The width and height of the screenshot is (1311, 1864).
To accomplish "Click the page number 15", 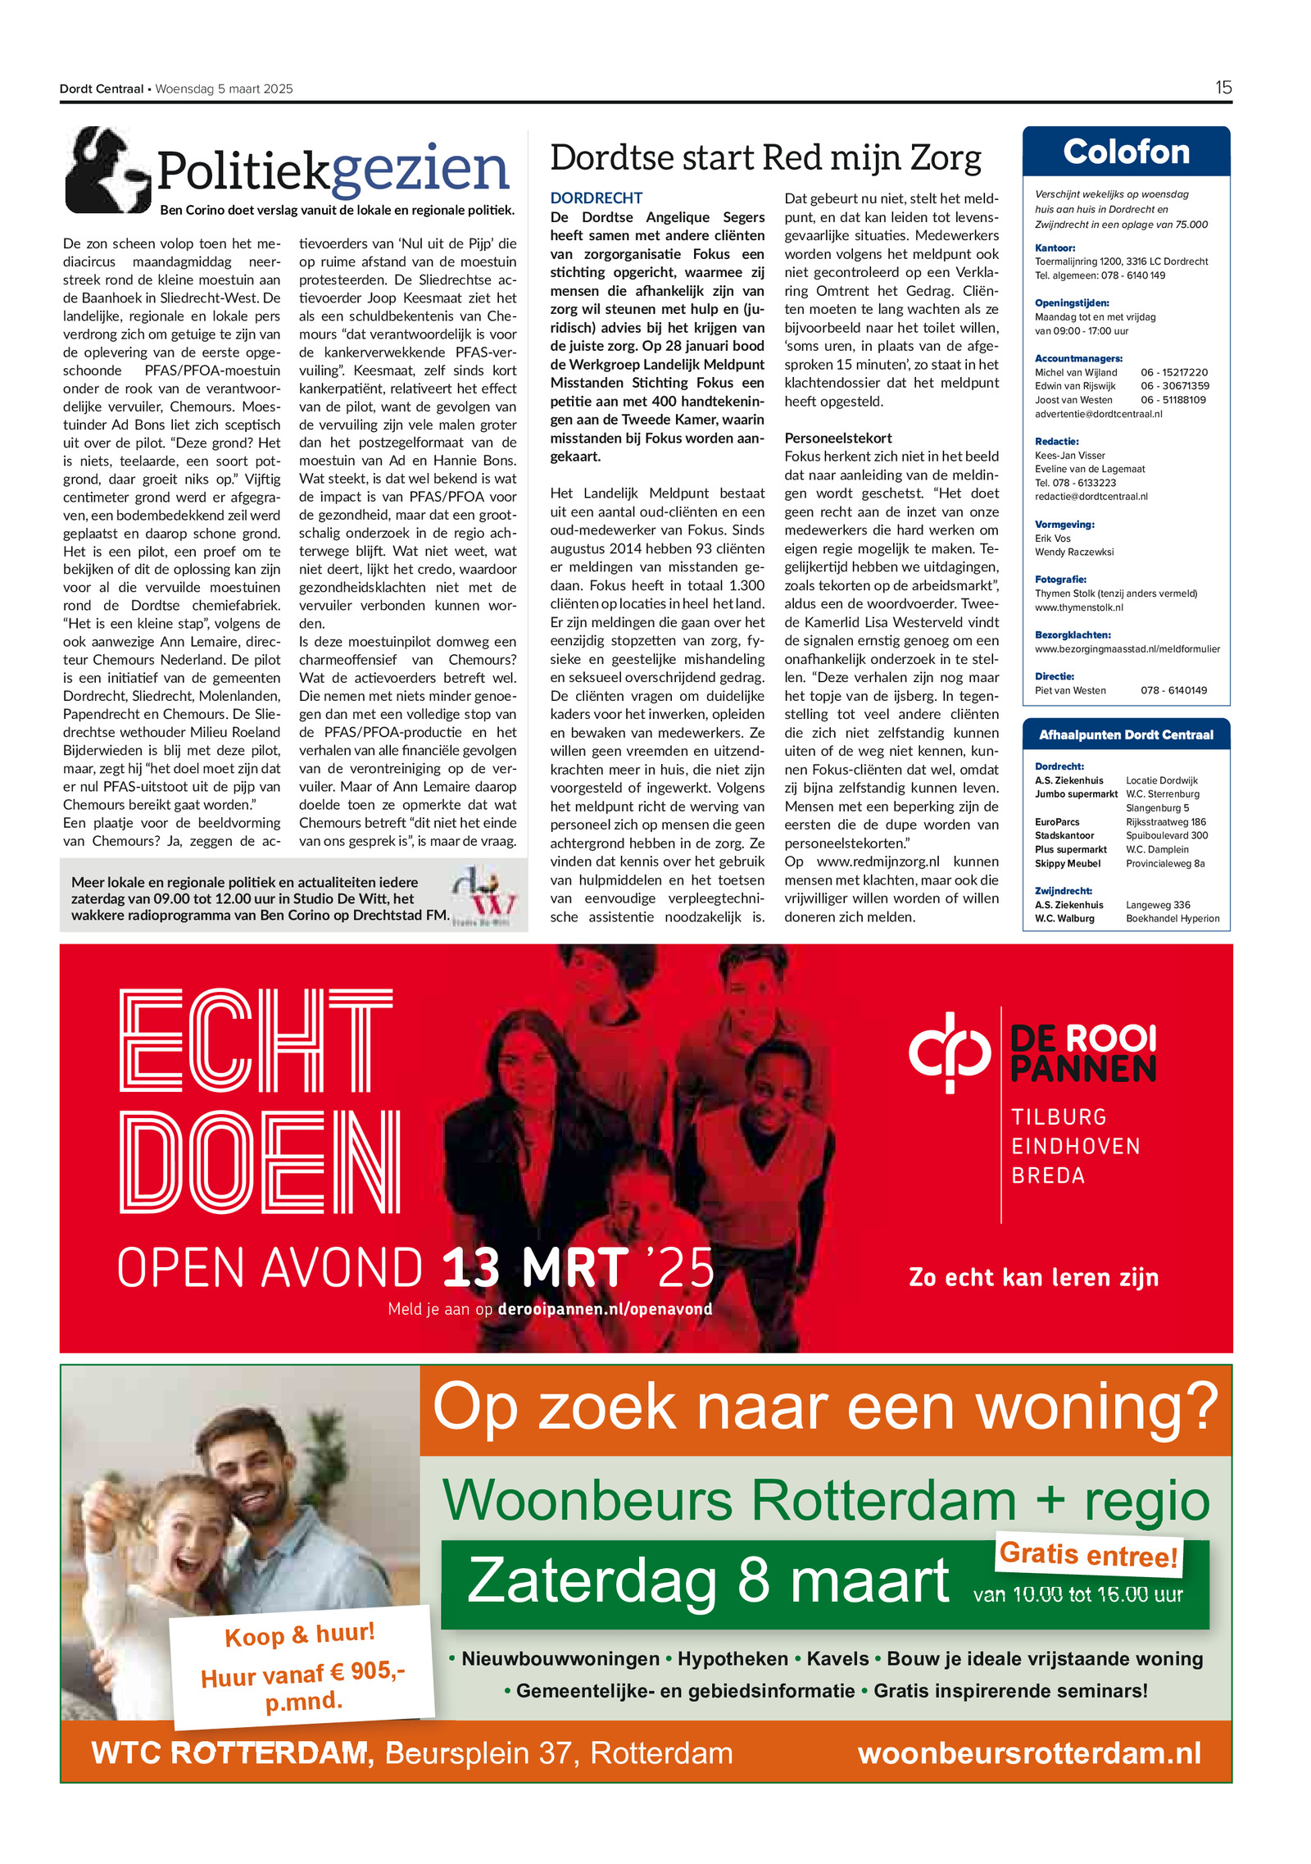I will point(1223,88).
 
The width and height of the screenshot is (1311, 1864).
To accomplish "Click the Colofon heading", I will point(1126,152).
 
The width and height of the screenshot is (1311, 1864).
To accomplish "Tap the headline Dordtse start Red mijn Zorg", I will point(765,158).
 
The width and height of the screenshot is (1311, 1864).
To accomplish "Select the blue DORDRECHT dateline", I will point(596,198).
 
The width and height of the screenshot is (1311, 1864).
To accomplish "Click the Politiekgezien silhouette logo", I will point(107,170).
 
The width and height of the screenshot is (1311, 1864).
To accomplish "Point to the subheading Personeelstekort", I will point(837,438).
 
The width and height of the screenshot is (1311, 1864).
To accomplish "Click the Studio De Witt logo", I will point(483,895).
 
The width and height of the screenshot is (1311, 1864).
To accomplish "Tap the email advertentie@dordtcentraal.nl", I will point(1097,414).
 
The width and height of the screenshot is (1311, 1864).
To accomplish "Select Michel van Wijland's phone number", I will point(1173,372).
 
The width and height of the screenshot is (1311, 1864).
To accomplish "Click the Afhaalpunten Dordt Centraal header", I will point(1126,734).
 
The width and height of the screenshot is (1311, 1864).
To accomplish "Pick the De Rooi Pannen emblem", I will point(949,1052).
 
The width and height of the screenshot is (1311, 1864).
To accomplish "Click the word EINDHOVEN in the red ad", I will point(1075,1146).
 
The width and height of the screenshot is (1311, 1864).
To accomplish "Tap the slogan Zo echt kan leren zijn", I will point(1033,1277).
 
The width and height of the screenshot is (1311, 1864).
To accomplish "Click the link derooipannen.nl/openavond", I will point(605,1309).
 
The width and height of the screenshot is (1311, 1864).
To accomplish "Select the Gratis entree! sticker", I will point(1088,1554).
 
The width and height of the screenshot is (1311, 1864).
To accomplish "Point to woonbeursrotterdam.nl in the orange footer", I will point(1028,1753).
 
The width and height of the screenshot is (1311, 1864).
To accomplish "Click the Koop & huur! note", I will point(300,1634).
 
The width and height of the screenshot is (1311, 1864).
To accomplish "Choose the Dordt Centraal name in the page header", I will point(102,89).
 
